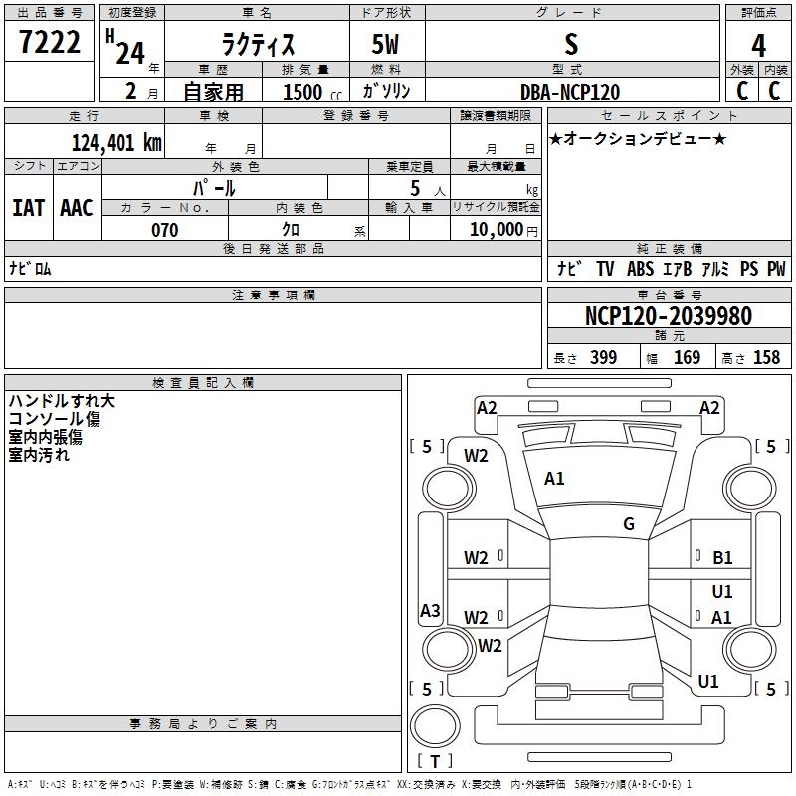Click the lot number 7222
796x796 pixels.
(49, 42)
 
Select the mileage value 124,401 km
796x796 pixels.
(116, 143)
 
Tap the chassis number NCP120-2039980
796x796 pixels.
(668, 316)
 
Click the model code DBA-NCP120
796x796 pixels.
(570, 92)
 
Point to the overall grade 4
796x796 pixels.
(758, 46)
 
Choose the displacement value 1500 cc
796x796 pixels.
(312, 92)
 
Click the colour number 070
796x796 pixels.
(165, 230)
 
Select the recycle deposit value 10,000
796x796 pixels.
(496, 230)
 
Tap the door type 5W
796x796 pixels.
(385, 44)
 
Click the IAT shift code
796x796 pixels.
(29, 208)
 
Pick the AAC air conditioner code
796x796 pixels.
(77, 208)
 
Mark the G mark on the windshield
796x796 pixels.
(629, 524)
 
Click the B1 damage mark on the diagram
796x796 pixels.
(722, 558)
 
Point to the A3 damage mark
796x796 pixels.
(430, 610)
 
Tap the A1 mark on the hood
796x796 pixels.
(554, 479)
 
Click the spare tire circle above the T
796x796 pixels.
(435, 725)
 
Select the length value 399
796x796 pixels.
(603, 358)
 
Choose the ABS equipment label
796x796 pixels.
(640, 269)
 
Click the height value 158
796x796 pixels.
(766, 358)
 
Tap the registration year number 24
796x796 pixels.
(130, 54)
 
